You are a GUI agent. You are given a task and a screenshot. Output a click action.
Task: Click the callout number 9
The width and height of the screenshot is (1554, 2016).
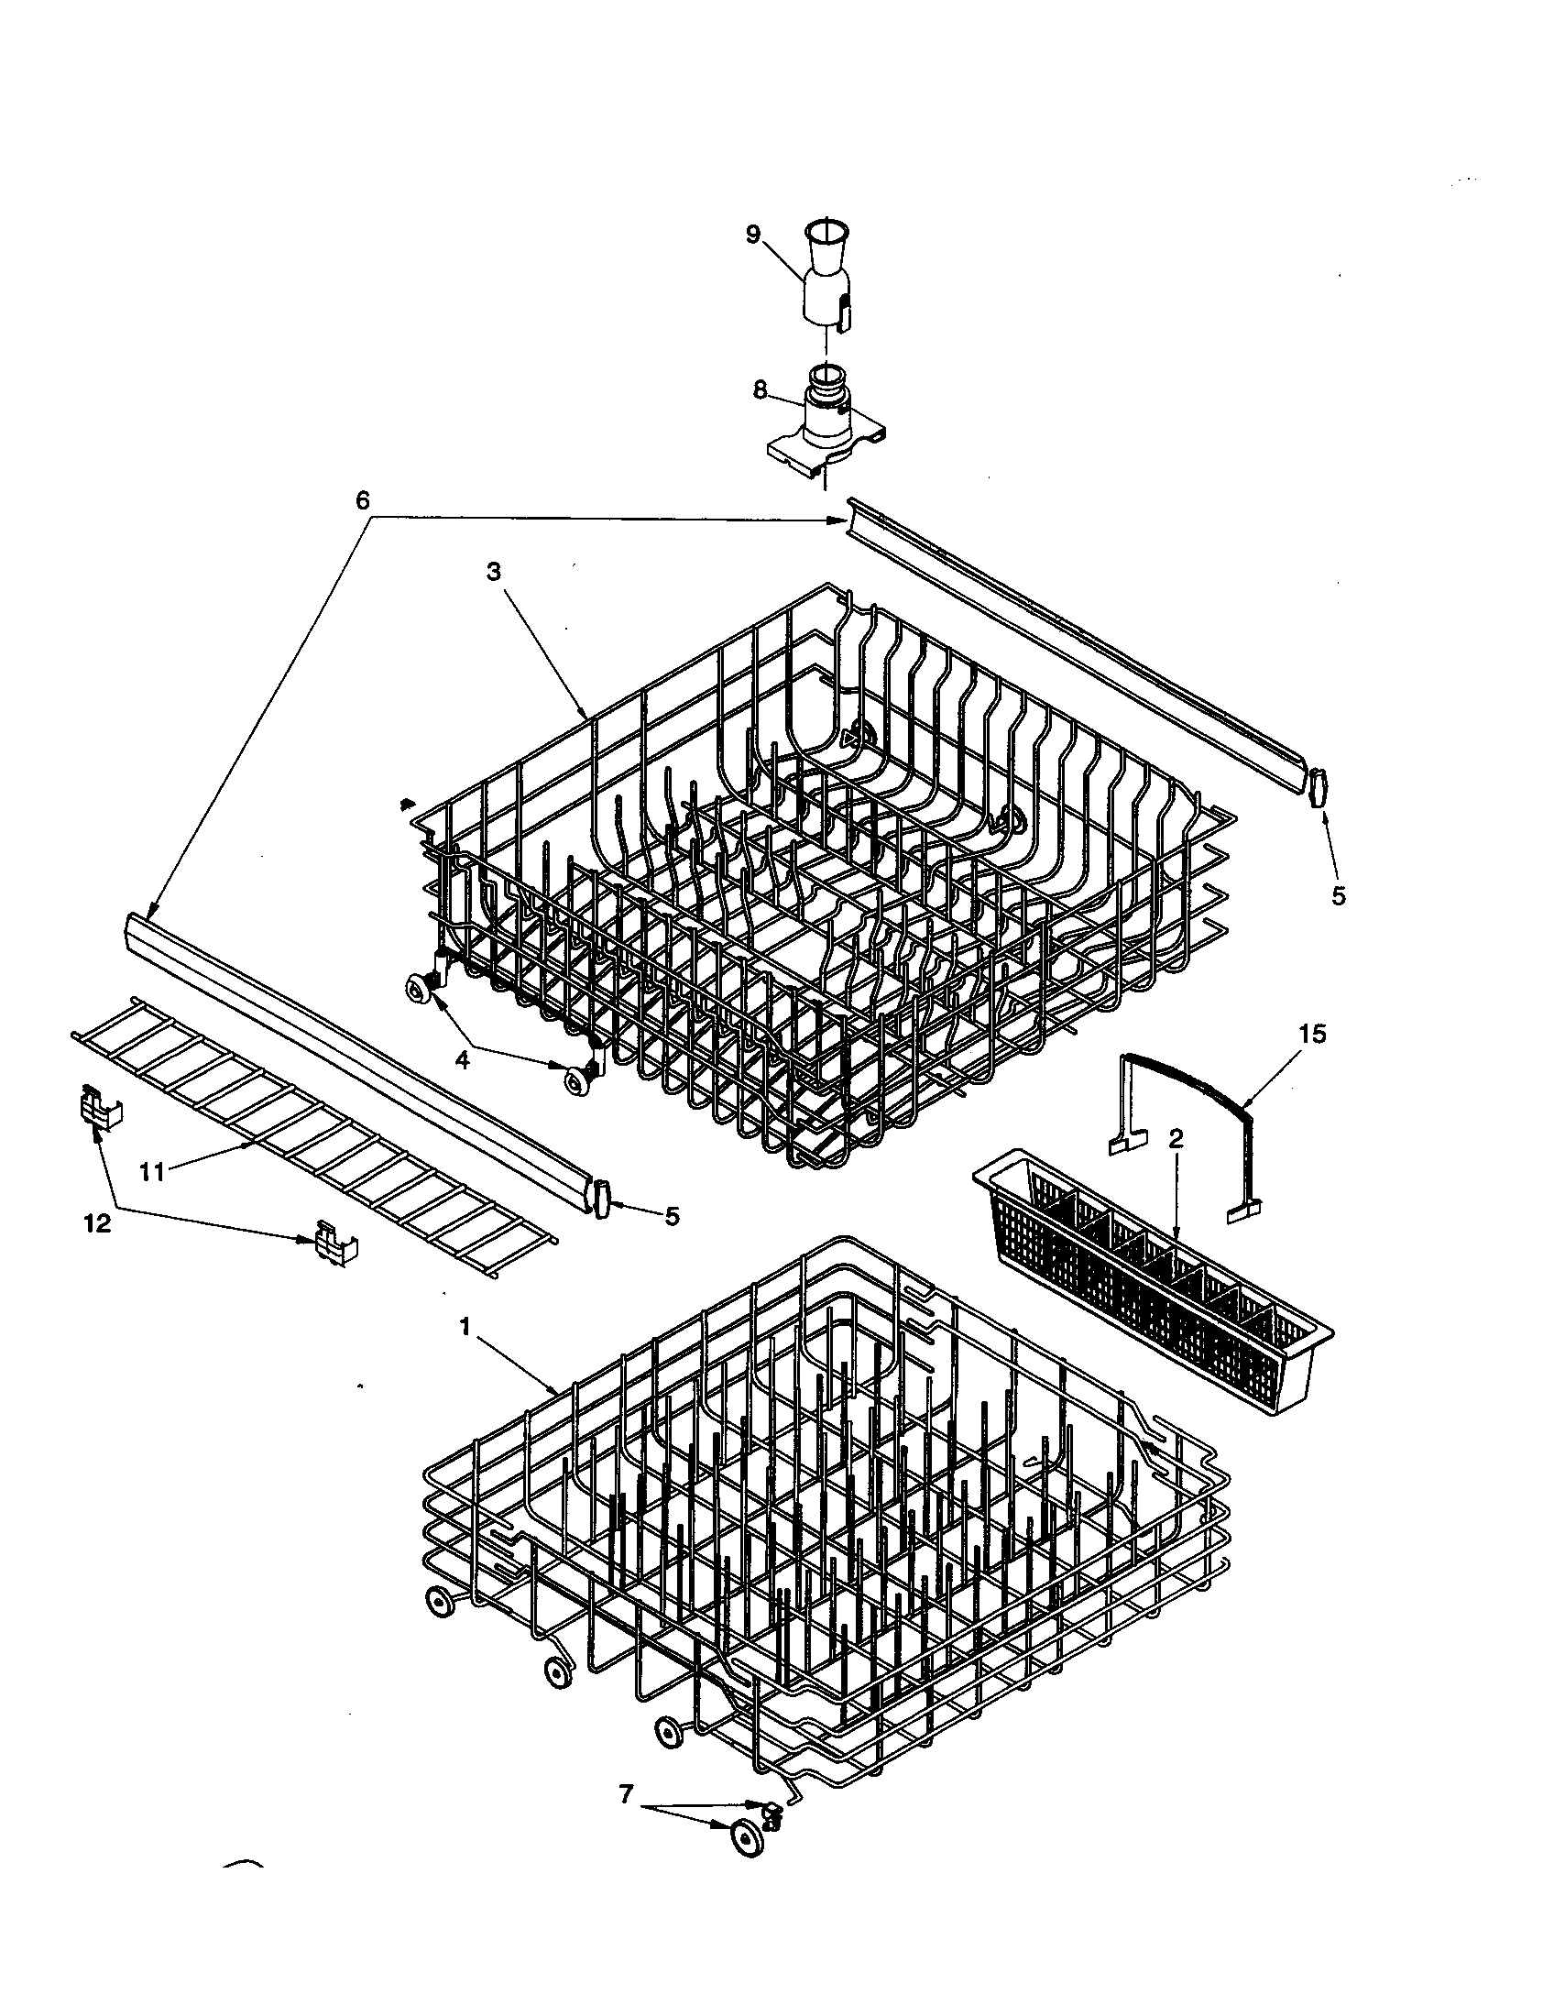pos(753,235)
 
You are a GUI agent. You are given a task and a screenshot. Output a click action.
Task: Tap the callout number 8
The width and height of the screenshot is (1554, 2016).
pos(760,389)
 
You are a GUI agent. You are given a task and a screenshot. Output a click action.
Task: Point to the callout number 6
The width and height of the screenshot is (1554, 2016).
pos(362,501)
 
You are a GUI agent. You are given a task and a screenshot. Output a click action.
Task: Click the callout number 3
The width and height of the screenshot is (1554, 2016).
pos(494,572)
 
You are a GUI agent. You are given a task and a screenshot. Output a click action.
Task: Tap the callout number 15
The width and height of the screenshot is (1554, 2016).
pos(1312,1035)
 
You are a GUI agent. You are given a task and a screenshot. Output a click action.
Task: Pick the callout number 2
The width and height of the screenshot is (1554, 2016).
pos(1176,1139)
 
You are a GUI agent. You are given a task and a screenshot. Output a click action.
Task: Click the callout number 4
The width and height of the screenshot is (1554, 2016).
pos(463,1060)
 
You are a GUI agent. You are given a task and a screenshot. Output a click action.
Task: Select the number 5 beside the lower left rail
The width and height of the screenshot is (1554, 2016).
pos(672,1217)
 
